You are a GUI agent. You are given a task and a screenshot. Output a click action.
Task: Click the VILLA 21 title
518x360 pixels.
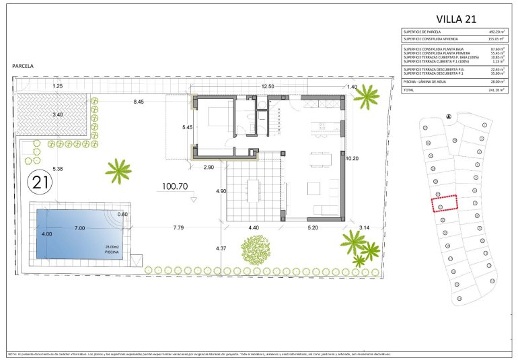pyautogui.click(x=457, y=18)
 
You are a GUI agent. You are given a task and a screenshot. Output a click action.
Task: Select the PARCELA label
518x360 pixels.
pyautogui.click(x=24, y=66)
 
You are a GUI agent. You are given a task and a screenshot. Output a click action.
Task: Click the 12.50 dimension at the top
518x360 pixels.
pyautogui.click(x=268, y=87)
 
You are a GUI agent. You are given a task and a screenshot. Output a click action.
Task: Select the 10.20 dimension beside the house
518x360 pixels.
pyautogui.click(x=353, y=159)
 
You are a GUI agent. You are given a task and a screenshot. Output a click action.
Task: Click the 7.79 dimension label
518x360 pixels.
pyautogui.click(x=178, y=228)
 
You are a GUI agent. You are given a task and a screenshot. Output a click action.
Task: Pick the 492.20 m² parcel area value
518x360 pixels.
pyautogui.click(x=494, y=32)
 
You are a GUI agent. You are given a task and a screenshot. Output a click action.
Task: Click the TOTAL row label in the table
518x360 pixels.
pyautogui.click(x=409, y=89)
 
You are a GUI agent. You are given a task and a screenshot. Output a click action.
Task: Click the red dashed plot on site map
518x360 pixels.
pyautogui.click(x=444, y=203)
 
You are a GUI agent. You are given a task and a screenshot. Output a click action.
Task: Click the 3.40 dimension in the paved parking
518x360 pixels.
pyautogui.click(x=58, y=114)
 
